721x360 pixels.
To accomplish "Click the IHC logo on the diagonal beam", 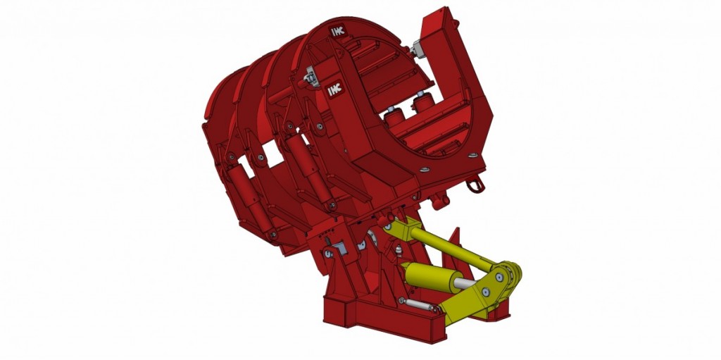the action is [x=334, y=89].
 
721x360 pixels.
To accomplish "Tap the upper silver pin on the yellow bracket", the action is [x=499, y=277].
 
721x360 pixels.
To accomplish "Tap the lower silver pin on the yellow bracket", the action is [x=485, y=292].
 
